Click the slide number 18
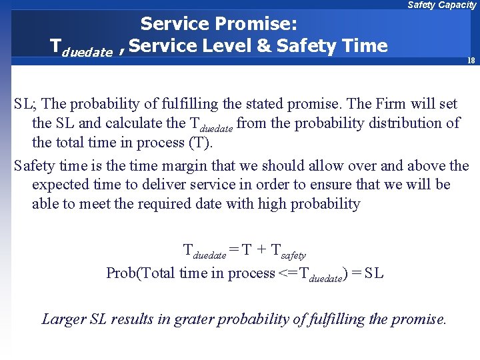[x=471, y=61]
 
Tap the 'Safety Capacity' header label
[x=441, y=5]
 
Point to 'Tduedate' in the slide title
[x=81, y=47]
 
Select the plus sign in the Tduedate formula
[x=261, y=251]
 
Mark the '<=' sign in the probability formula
[x=289, y=273]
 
